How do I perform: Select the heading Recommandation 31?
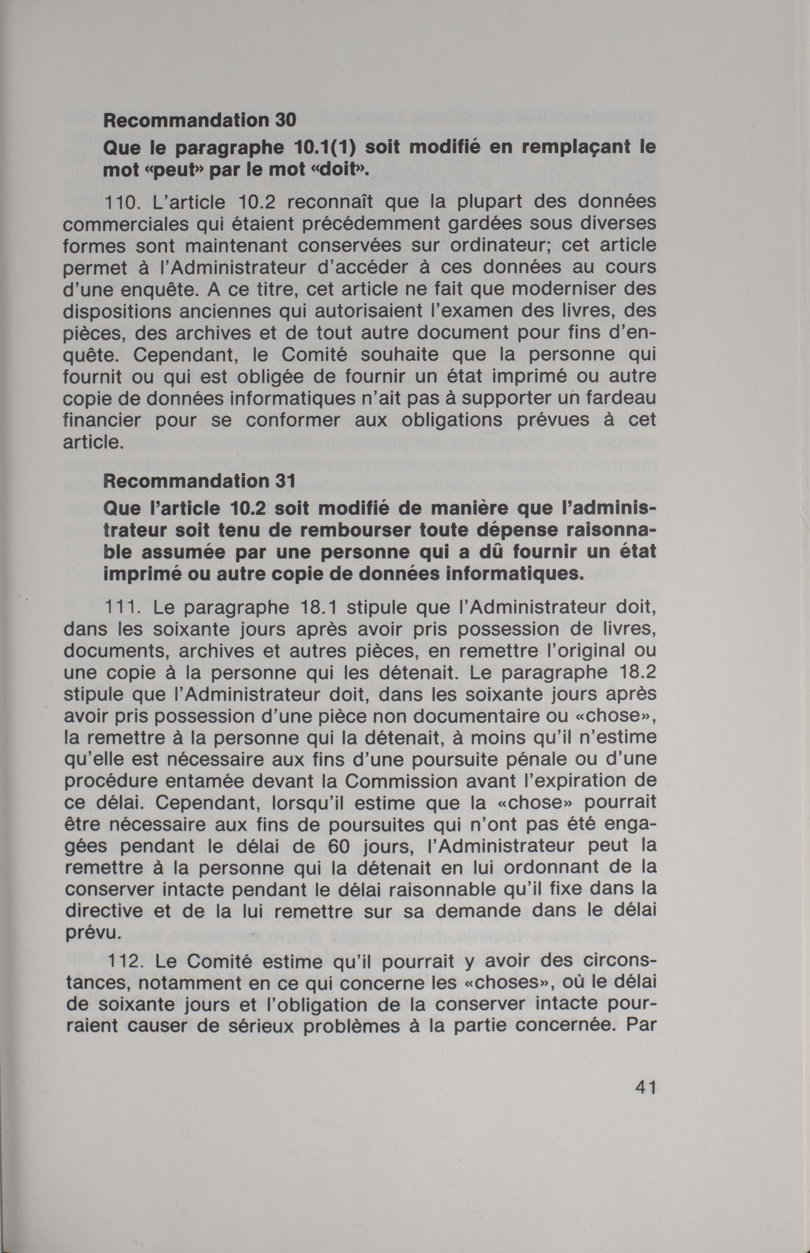[200, 481]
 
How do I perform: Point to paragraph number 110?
[122, 202]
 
